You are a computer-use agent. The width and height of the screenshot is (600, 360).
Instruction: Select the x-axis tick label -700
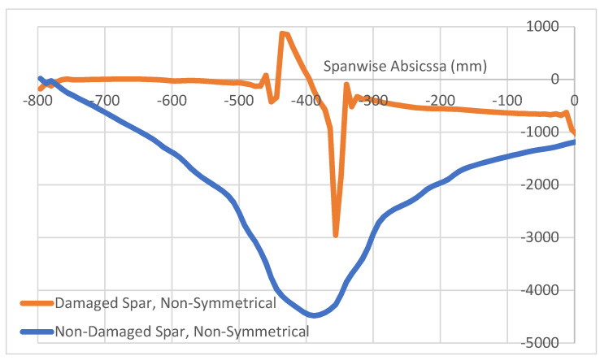(103, 102)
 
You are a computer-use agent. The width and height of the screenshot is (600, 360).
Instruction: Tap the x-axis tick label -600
(171, 102)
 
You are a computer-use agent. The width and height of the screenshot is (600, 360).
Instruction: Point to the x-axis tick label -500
(238, 102)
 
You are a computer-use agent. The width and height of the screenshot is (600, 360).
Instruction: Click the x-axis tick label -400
(306, 102)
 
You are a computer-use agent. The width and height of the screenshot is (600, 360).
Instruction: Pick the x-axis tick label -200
(440, 102)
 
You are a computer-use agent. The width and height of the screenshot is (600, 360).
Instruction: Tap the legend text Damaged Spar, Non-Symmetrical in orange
(166, 304)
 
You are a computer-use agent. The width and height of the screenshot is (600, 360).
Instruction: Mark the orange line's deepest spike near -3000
(336, 235)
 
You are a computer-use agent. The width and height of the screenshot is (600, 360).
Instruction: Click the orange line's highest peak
(282, 33)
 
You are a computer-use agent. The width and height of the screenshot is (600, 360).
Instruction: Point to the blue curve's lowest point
(314, 315)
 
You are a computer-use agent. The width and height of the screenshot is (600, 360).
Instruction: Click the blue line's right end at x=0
(574, 142)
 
